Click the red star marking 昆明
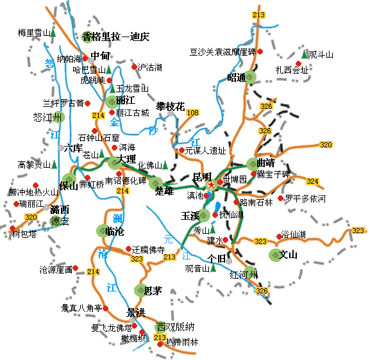click(x=212, y=184)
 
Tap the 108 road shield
click(x=192, y=113)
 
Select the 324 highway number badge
click(x=330, y=181)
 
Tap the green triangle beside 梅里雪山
click(x=53, y=31)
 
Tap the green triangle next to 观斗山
click(x=305, y=54)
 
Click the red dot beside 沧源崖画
click(x=75, y=268)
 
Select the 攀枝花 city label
click(x=170, y=106)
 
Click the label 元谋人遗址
click(x=205, y=151)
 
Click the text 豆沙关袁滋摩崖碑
click(x=222, y=51)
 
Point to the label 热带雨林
click(x=183, y=343)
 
